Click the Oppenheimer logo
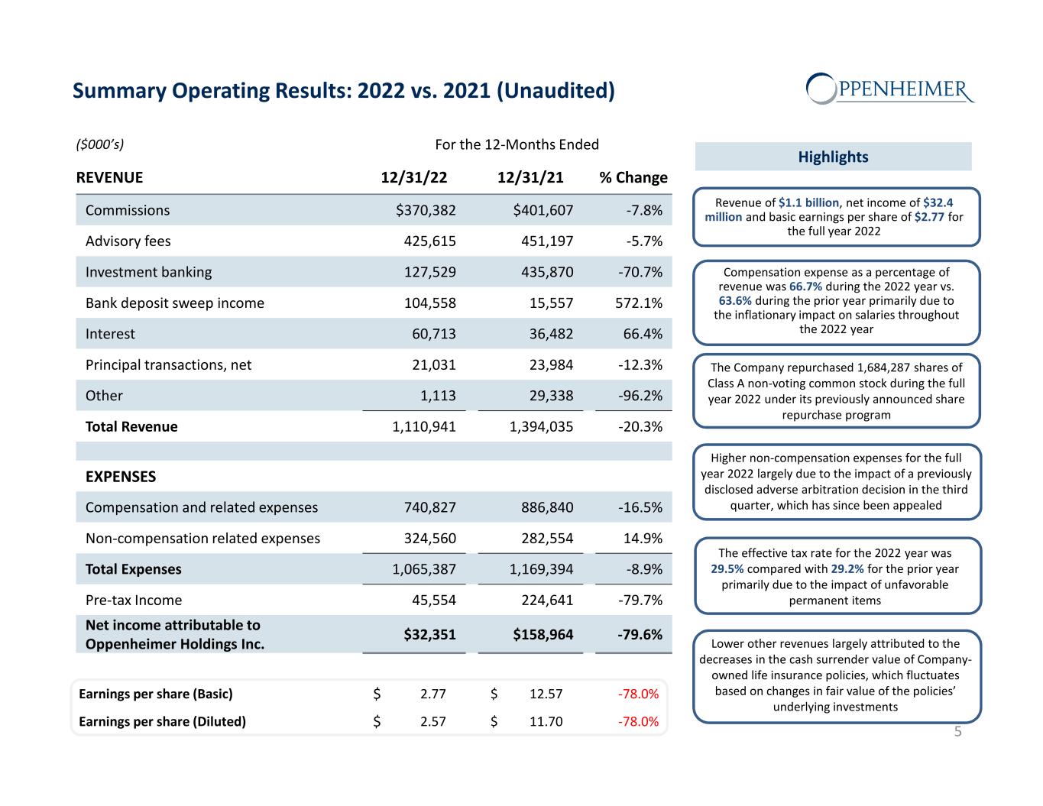(890, 89)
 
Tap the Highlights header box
(833, 157)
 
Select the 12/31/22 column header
(414, 178)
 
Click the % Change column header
(633, 178)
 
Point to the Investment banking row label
(148, 272)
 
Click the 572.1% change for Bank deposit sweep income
(639, 303)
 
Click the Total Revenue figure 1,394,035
(541, 427)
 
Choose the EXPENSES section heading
(121, 477)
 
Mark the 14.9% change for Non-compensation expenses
(643, 539)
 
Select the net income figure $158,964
(543, 634)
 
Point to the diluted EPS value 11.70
(546, 721)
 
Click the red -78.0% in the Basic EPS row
(637, 694)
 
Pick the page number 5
(957, 732)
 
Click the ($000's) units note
(100, 144)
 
